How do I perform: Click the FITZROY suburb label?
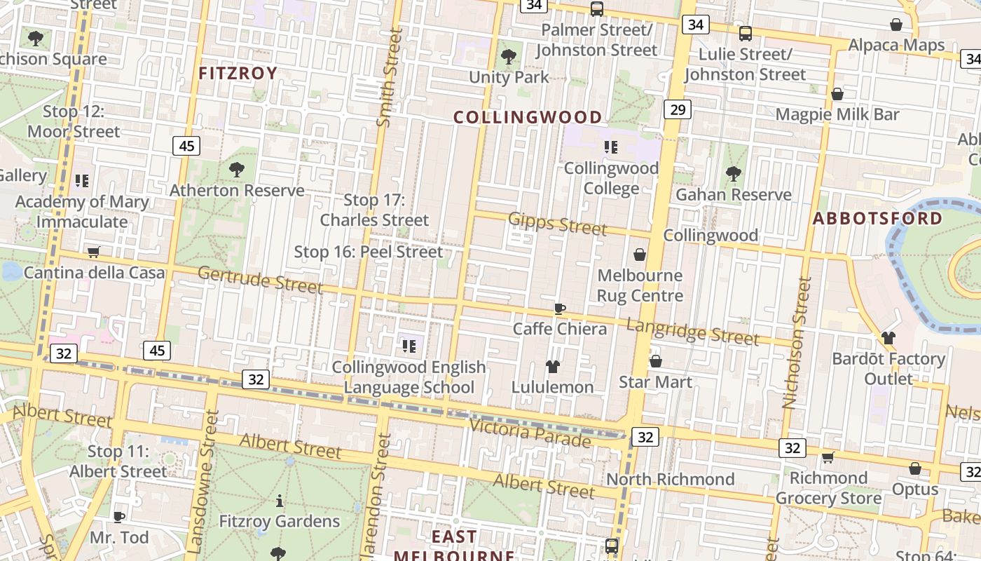(238, 74)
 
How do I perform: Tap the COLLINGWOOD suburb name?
(528, 117)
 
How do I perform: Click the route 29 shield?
(677, 109)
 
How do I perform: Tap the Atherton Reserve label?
(237, 190)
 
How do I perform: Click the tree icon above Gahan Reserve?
(733, 173)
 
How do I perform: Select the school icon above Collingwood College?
(611, 147)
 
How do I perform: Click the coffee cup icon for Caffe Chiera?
(559, 309)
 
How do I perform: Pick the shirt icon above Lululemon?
(552, 367)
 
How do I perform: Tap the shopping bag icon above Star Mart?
(656, 361)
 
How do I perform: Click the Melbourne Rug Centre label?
(640, 285)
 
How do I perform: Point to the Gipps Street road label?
(558, 223)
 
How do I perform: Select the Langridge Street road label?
(692, 331)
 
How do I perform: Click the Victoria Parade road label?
(530, 432)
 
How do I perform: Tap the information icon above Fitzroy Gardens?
(280, 501)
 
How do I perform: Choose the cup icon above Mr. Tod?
(119, 517)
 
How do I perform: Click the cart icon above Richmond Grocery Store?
(828, 458)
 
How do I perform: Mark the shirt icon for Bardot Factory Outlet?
(889, 338)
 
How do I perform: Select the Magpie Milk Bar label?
(837, 114)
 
